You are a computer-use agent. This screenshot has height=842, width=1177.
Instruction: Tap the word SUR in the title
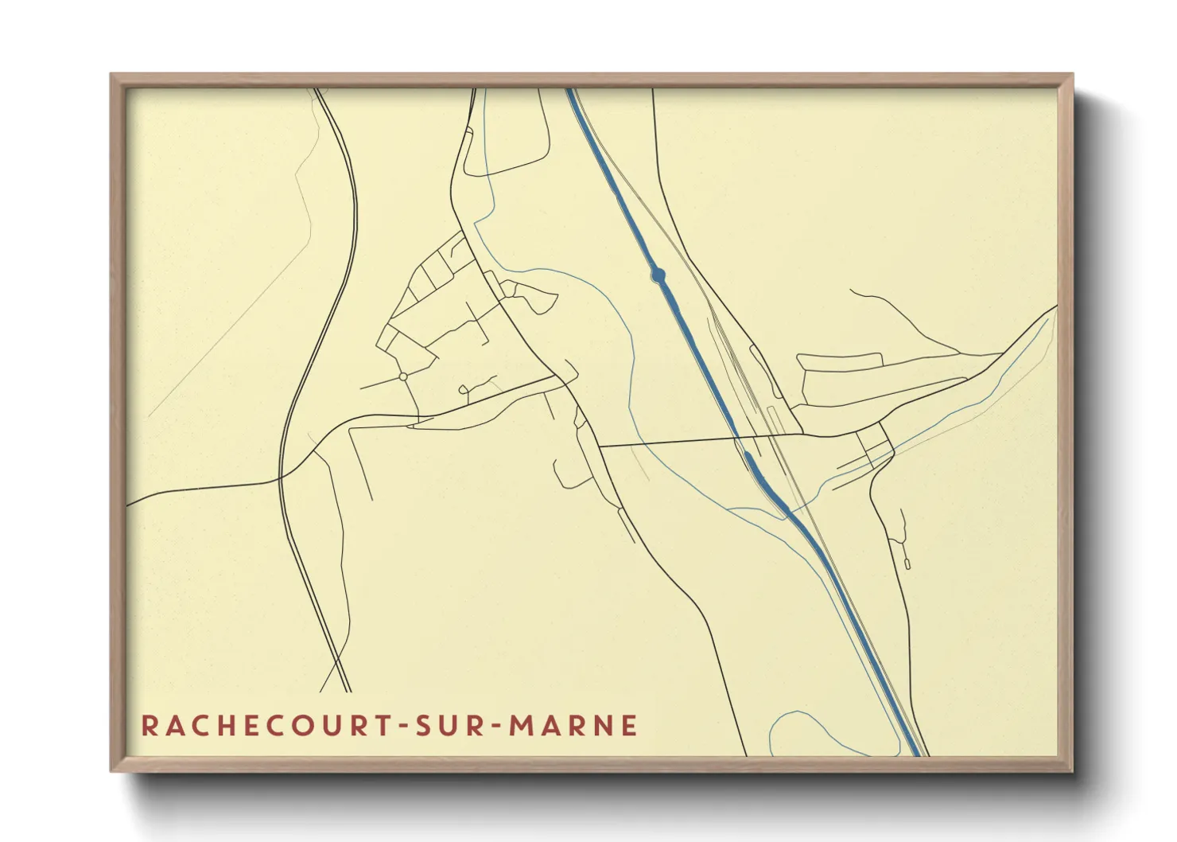pos(452,726)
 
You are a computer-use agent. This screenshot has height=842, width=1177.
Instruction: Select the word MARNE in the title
pos(573,726)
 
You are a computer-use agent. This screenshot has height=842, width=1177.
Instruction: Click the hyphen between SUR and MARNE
pos(498,727)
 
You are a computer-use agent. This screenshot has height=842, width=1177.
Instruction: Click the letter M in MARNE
pos(522,726)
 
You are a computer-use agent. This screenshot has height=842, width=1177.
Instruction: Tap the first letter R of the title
pos(150,726)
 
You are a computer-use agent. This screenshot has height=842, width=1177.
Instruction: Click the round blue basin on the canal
pos(658,275)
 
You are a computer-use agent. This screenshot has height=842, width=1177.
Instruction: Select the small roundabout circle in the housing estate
pos(403,376)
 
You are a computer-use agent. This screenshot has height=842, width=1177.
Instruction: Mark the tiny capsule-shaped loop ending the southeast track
pos(907,563)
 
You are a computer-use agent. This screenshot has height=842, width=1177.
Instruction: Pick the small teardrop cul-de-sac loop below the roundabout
pos(464,389)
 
